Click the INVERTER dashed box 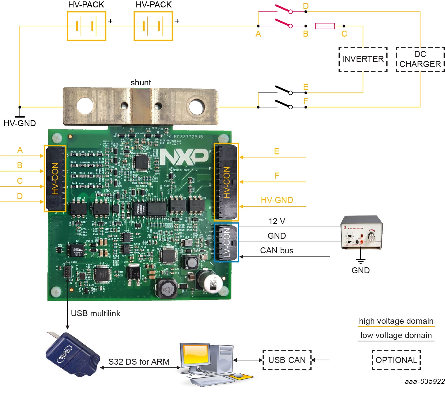point(363,59)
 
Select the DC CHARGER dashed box point(420,59)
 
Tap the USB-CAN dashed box point(287,360)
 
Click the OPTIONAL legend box point(396,360)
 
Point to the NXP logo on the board point(184,157)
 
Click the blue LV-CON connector point(226,242)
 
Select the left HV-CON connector point(55,178)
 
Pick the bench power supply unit point(362,232)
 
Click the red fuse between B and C point(325,26)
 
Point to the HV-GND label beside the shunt point(20,123)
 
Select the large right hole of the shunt point(196,106)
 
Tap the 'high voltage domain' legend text point(396,321)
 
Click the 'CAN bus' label point(277,250)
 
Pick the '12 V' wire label point(277,221)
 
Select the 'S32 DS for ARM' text point(139,362)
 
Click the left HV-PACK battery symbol point(86,26)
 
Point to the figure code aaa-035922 point(424,381)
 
